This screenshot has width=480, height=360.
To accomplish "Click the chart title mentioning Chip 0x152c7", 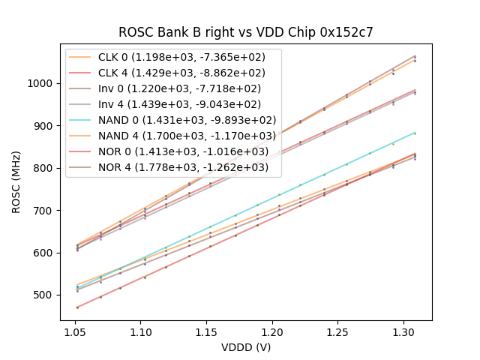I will point(246,32).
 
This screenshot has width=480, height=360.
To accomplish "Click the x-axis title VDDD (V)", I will point(246,347).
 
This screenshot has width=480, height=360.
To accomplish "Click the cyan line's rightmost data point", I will point(415,133).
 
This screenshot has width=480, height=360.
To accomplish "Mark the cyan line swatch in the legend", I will point(82,119).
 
